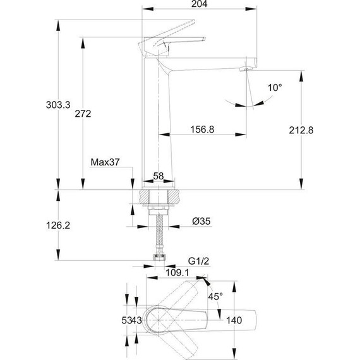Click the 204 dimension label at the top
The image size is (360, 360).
click(x=199, y=4)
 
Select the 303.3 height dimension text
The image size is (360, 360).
click(x=58, y=105)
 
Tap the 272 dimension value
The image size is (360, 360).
click(x=83, y=114)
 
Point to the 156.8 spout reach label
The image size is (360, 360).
click(x=202, y=129)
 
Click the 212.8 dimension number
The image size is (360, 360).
click(x=301, y=130)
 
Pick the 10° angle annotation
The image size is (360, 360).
click(x=275, y=88)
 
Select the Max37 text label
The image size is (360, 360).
click(x=105, y=162)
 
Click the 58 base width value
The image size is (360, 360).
click(x=159, y=176)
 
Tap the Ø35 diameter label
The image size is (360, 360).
click(x=201, y=221)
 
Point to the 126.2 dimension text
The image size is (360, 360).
click(x=58, y=225)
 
